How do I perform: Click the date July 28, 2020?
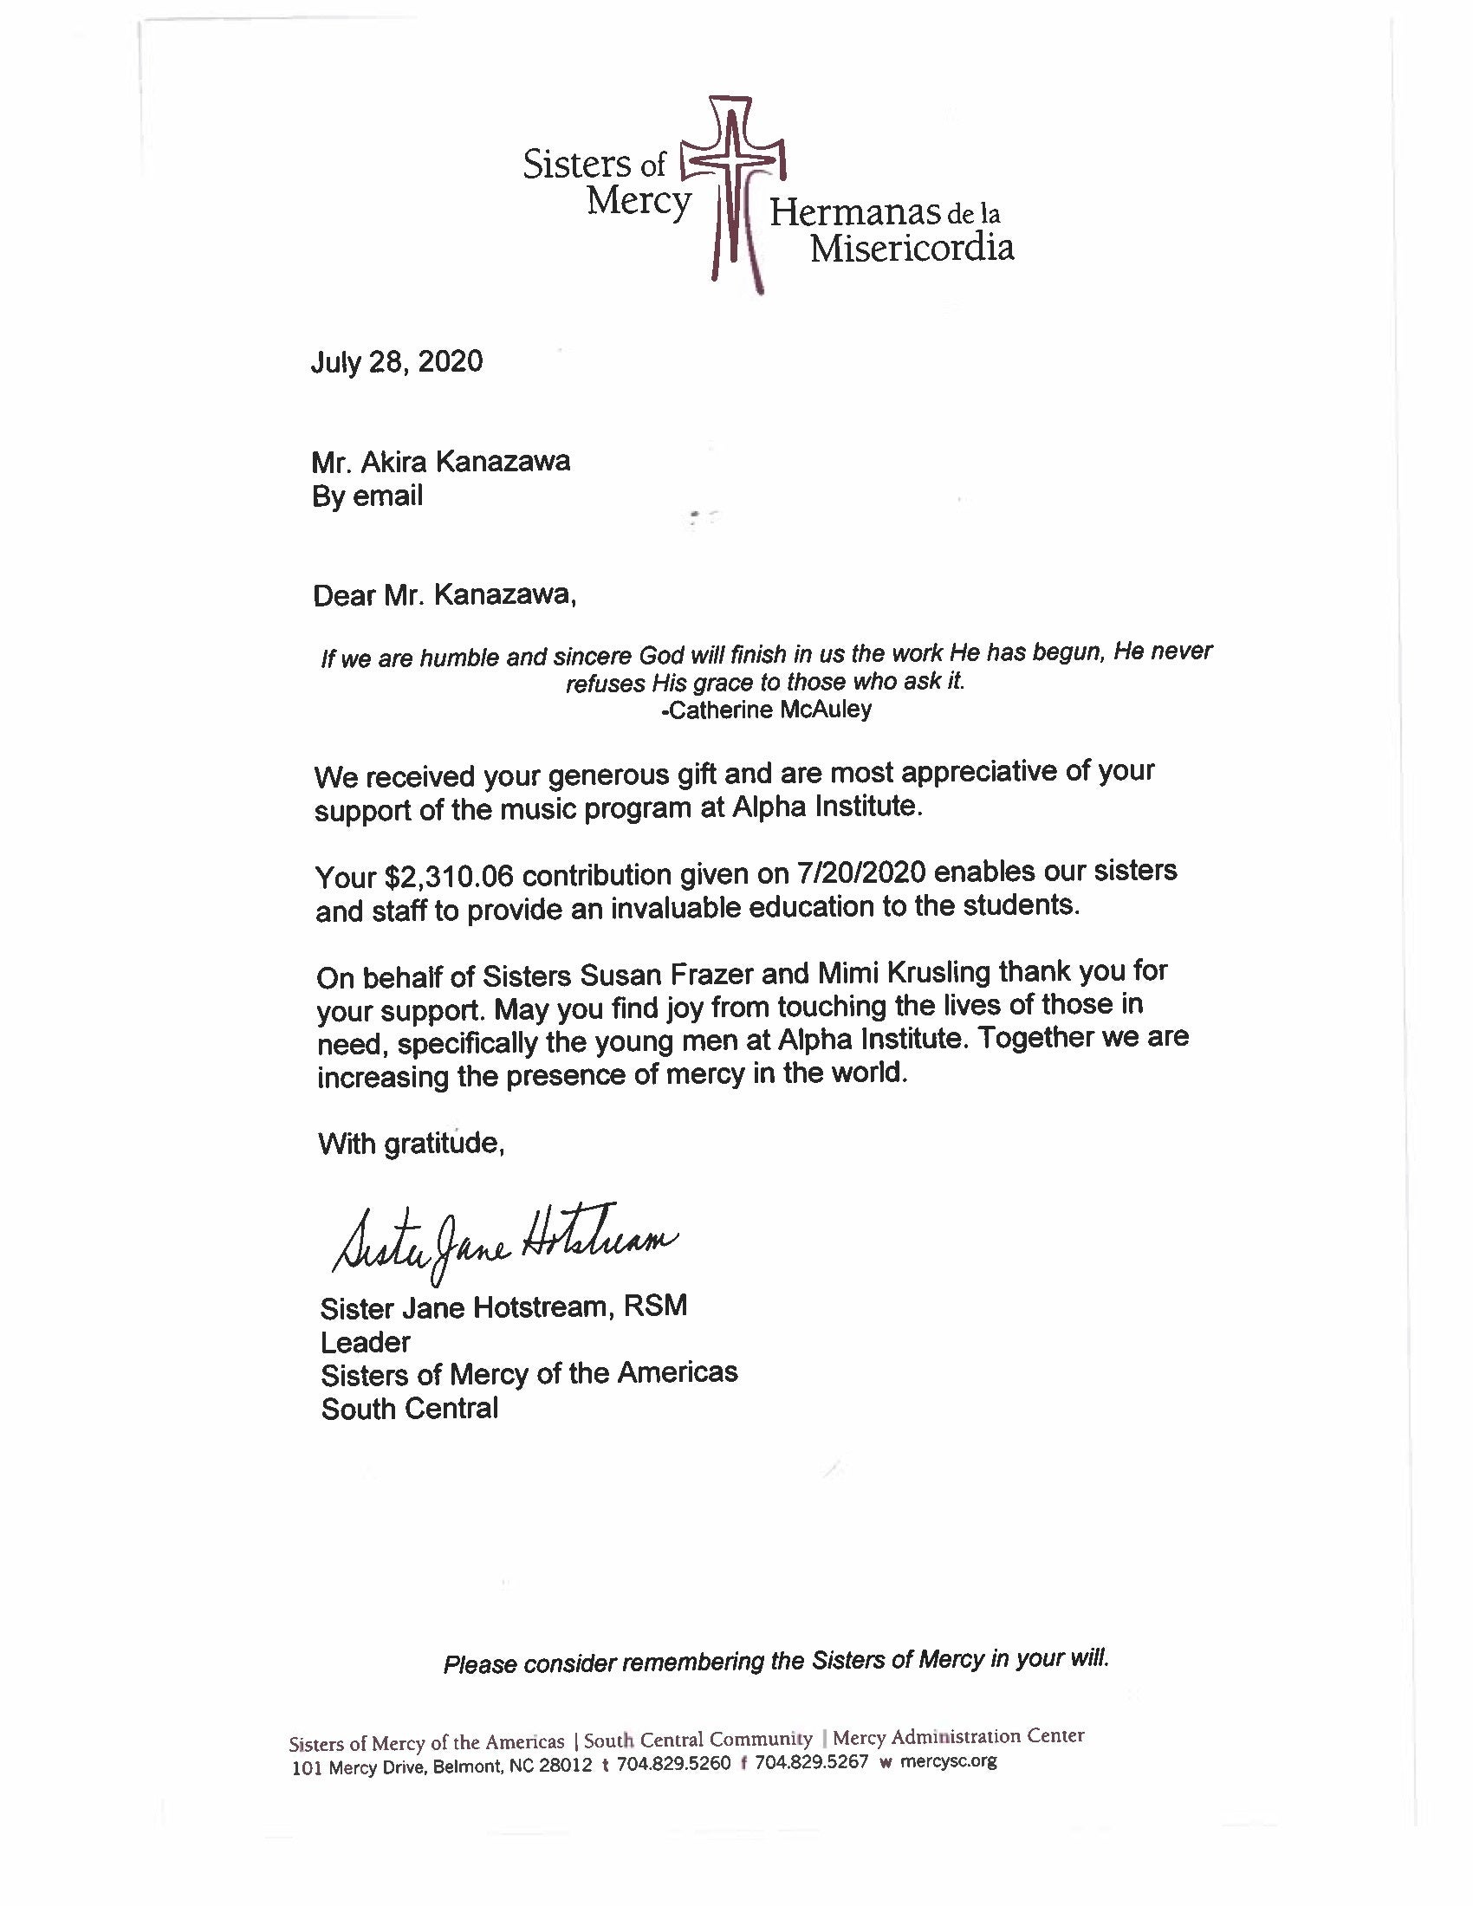396,361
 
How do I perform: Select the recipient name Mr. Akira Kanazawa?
441,461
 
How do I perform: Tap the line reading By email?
367,496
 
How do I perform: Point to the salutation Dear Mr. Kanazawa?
444,595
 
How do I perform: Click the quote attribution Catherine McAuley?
769,710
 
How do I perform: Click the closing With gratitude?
411,1144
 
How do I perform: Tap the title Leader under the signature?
365,1341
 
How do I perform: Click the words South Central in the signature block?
409,1409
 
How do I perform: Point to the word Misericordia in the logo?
911,249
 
